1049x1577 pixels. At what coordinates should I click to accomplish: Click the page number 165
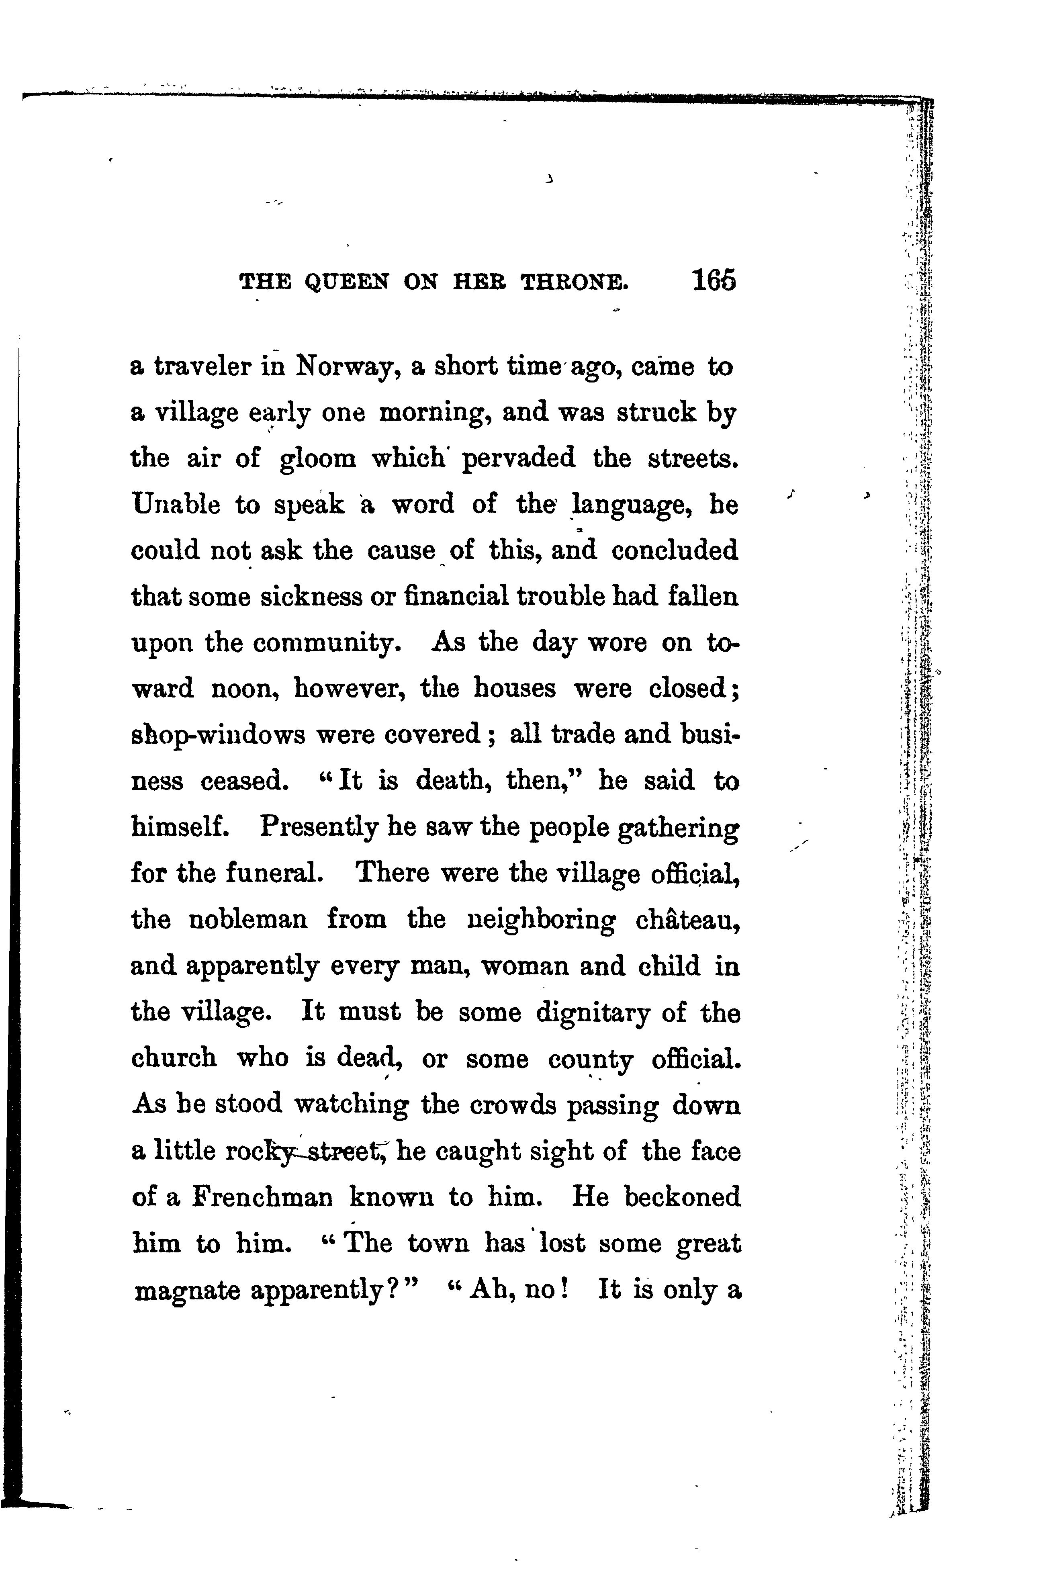click(714, 280)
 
